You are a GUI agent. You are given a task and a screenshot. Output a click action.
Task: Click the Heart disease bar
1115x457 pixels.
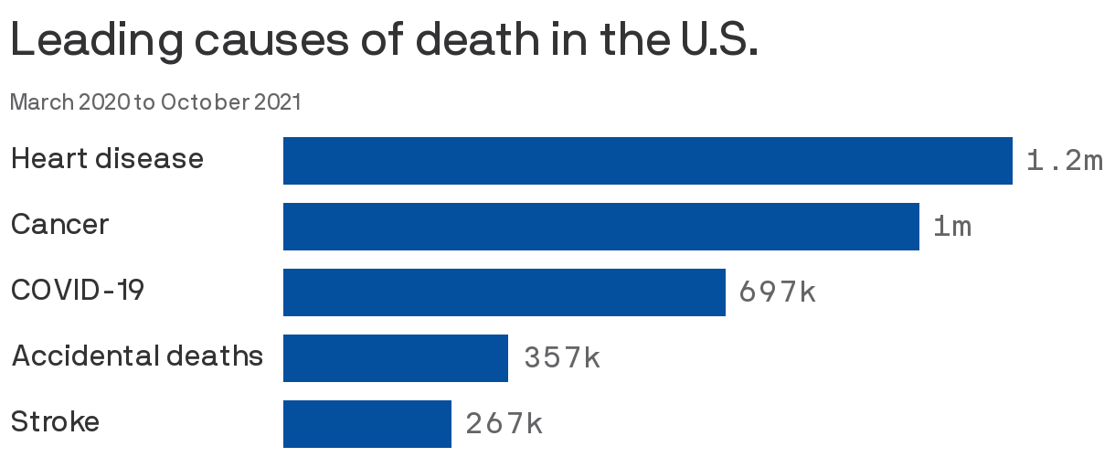[647, 161]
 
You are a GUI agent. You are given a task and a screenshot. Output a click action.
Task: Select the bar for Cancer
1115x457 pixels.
[600, 227]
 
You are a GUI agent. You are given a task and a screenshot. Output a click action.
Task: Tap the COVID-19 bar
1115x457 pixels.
[504, 292]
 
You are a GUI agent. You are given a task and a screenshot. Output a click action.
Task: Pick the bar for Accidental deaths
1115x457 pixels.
[395, 358]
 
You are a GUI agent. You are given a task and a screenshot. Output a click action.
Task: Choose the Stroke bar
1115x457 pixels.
[366, 424]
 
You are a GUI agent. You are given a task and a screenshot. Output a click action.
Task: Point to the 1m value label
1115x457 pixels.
[952, 227]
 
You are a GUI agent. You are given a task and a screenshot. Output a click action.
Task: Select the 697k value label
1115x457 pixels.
[777, 292]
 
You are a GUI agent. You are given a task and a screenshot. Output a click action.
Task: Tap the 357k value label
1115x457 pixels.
[562, 358]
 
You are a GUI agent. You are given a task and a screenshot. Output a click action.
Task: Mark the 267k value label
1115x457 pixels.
[504, 424]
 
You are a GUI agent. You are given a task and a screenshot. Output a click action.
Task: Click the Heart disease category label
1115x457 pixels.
[107, 159]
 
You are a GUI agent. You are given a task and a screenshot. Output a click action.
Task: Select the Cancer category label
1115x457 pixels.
[59, 225]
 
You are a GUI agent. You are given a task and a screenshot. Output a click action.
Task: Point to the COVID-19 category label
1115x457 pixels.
[78, 291]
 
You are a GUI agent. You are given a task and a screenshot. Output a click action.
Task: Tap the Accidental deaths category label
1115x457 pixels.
[137, 356]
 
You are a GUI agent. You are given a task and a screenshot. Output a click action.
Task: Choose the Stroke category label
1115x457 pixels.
[55, 422]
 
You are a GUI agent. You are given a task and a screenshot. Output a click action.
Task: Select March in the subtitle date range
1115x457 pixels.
[42, 102]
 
